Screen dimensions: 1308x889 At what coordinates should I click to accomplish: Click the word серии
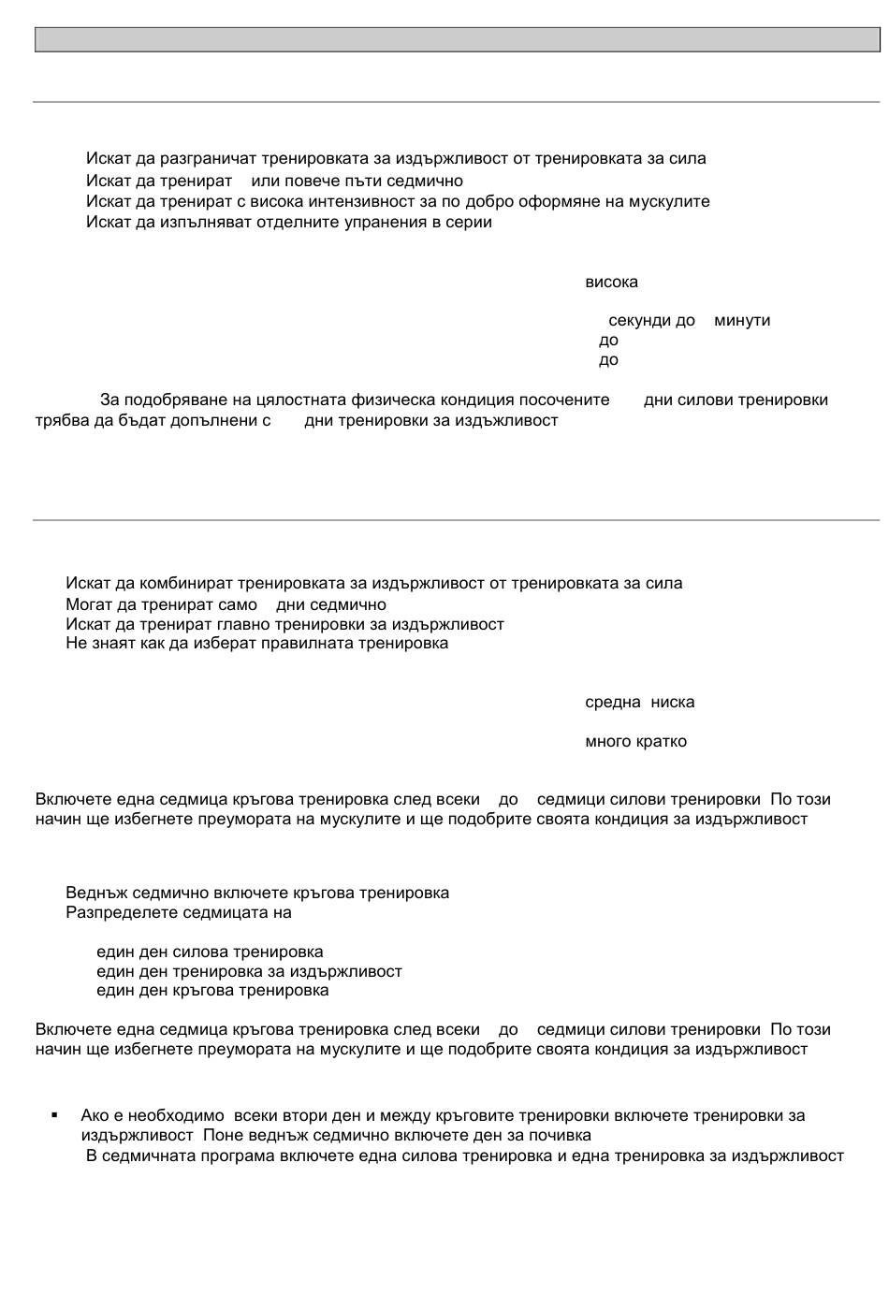[472, 223]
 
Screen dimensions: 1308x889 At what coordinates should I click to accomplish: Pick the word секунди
[639, 321]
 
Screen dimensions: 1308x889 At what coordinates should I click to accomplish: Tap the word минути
[742, 321]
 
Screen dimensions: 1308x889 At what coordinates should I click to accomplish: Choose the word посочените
[565, 400]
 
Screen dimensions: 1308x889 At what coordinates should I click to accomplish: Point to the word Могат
[87, 605]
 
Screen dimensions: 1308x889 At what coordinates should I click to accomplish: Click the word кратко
[662, 742]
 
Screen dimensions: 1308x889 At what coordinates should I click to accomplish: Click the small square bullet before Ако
[54, 1115]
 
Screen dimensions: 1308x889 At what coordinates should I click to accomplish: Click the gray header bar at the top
[457, 39]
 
